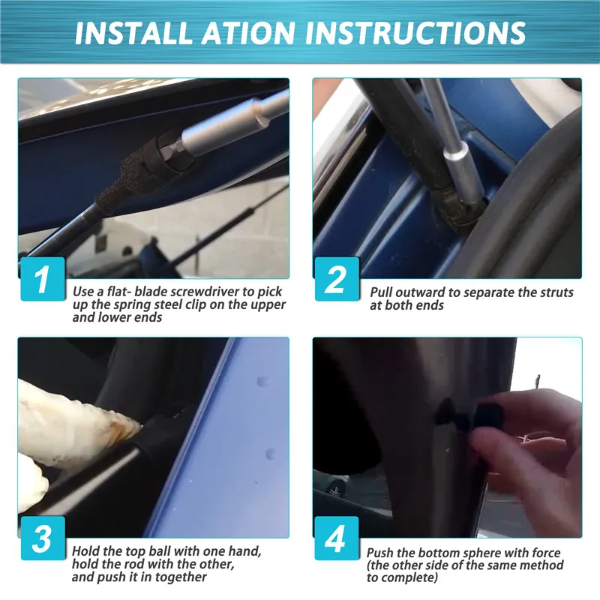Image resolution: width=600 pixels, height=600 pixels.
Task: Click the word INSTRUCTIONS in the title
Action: pos(415,32)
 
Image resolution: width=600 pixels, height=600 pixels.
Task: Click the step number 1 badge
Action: pos(43,278)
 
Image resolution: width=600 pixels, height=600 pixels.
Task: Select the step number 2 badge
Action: pos(337,278)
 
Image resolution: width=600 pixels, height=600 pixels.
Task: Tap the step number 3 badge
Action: pos(43,538)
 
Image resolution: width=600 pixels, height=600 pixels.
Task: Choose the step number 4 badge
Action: pos(337,538)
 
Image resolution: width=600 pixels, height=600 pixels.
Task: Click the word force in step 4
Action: pos(546,553)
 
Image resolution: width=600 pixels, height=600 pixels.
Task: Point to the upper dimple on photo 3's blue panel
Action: pos(263,382)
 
